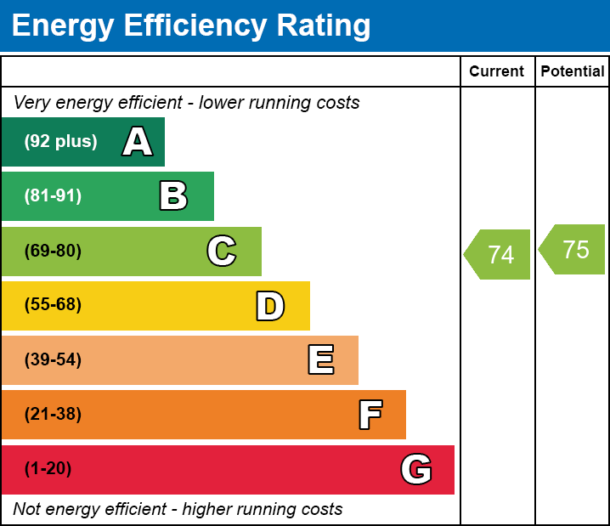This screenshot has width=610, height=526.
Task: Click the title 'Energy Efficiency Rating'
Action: [191, 26]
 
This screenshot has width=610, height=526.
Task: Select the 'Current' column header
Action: [496, 72]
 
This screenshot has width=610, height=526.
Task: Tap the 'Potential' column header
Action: [573, 72]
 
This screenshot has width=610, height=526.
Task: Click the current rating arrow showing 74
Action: [499, 254]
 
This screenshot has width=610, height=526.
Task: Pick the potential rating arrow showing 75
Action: [573, 250]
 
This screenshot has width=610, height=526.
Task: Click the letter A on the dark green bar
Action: [138, 142]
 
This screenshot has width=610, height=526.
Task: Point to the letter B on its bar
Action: [173, 196]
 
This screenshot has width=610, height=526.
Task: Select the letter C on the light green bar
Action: [222, 252]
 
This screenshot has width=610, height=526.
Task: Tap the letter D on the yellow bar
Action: [270, 306]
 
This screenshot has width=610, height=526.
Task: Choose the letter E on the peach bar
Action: [320, 360]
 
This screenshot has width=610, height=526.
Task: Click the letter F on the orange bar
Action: [370, 415]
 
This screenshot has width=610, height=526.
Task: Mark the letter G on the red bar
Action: [416, 469]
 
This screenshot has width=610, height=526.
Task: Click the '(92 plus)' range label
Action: [60, 142]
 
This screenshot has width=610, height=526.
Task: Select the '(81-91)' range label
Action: [53, 196]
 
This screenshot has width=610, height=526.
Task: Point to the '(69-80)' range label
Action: [53, 252]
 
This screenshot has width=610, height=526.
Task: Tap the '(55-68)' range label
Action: [53, 305]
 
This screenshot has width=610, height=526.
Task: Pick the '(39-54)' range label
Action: [53, 360]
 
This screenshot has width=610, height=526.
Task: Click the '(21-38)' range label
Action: [53, 415]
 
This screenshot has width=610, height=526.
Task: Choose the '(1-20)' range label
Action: [48, 469]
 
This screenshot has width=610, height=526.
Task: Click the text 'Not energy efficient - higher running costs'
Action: [178, 509]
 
